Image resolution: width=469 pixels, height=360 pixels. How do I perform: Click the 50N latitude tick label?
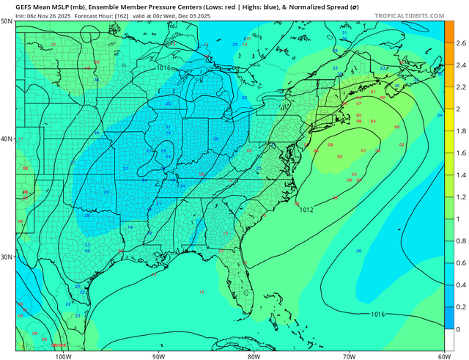tap(7, 21)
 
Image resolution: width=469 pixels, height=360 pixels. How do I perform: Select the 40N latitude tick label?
tap(7, 139)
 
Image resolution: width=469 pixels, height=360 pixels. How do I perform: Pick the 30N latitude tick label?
tap(7, 257)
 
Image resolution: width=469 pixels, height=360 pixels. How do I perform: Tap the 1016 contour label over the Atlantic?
tap(377, 314)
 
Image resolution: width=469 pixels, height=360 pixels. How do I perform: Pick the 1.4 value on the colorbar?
tap(459, 175)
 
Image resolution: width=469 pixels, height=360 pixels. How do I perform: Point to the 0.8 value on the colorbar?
tap(459, 241)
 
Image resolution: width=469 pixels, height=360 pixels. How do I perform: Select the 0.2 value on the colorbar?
tap(459, 307)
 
